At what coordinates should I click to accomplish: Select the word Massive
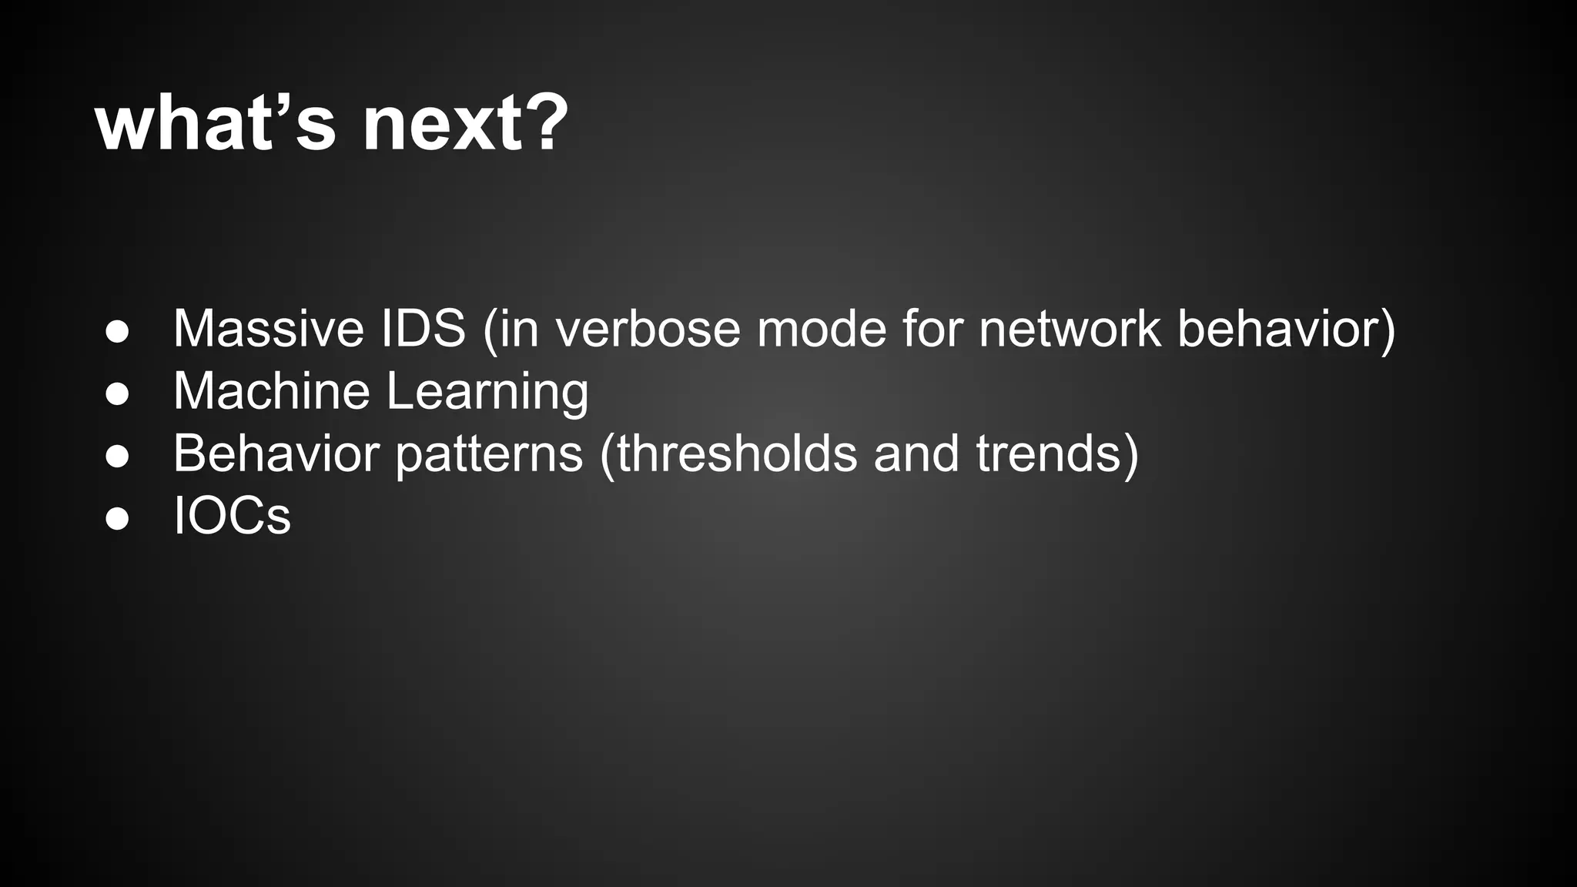(268, 329)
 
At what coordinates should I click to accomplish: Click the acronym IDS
(423, 329)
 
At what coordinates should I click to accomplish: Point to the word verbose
(648, 329)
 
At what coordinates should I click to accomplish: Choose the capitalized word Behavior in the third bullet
(276, 454)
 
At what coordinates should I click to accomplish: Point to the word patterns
(489, 455)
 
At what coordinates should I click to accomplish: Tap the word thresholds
(735, 454)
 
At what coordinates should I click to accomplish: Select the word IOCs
(232, 516)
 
